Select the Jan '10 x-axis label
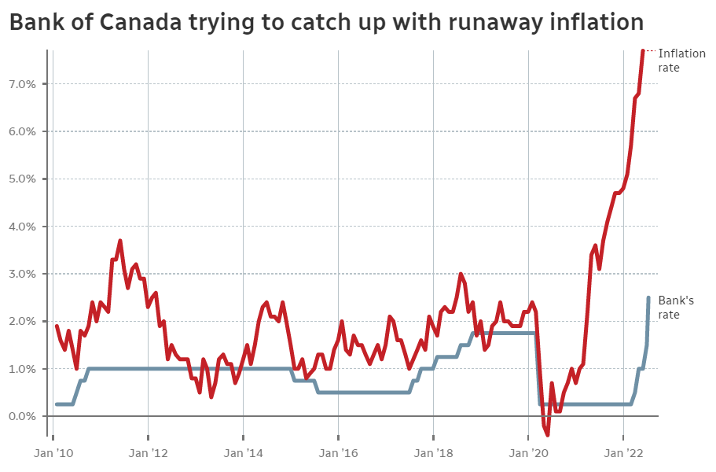tap(54, 454)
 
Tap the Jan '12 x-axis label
tap(148, 454)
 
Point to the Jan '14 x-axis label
tap(243, 454)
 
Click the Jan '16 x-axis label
tap(338, 454)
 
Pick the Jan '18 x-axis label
tap(433, 454)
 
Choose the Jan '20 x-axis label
tap(528, 454)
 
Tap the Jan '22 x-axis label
tap(623, 454)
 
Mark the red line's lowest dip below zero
tap(548, 434)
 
